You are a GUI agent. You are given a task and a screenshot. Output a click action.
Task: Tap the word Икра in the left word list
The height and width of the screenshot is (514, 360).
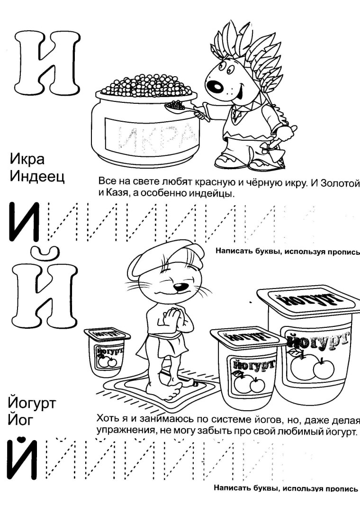27,158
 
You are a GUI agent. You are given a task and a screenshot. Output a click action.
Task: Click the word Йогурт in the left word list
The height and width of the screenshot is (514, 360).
32,404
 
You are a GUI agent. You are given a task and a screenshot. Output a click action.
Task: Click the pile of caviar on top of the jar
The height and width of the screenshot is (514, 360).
147,85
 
